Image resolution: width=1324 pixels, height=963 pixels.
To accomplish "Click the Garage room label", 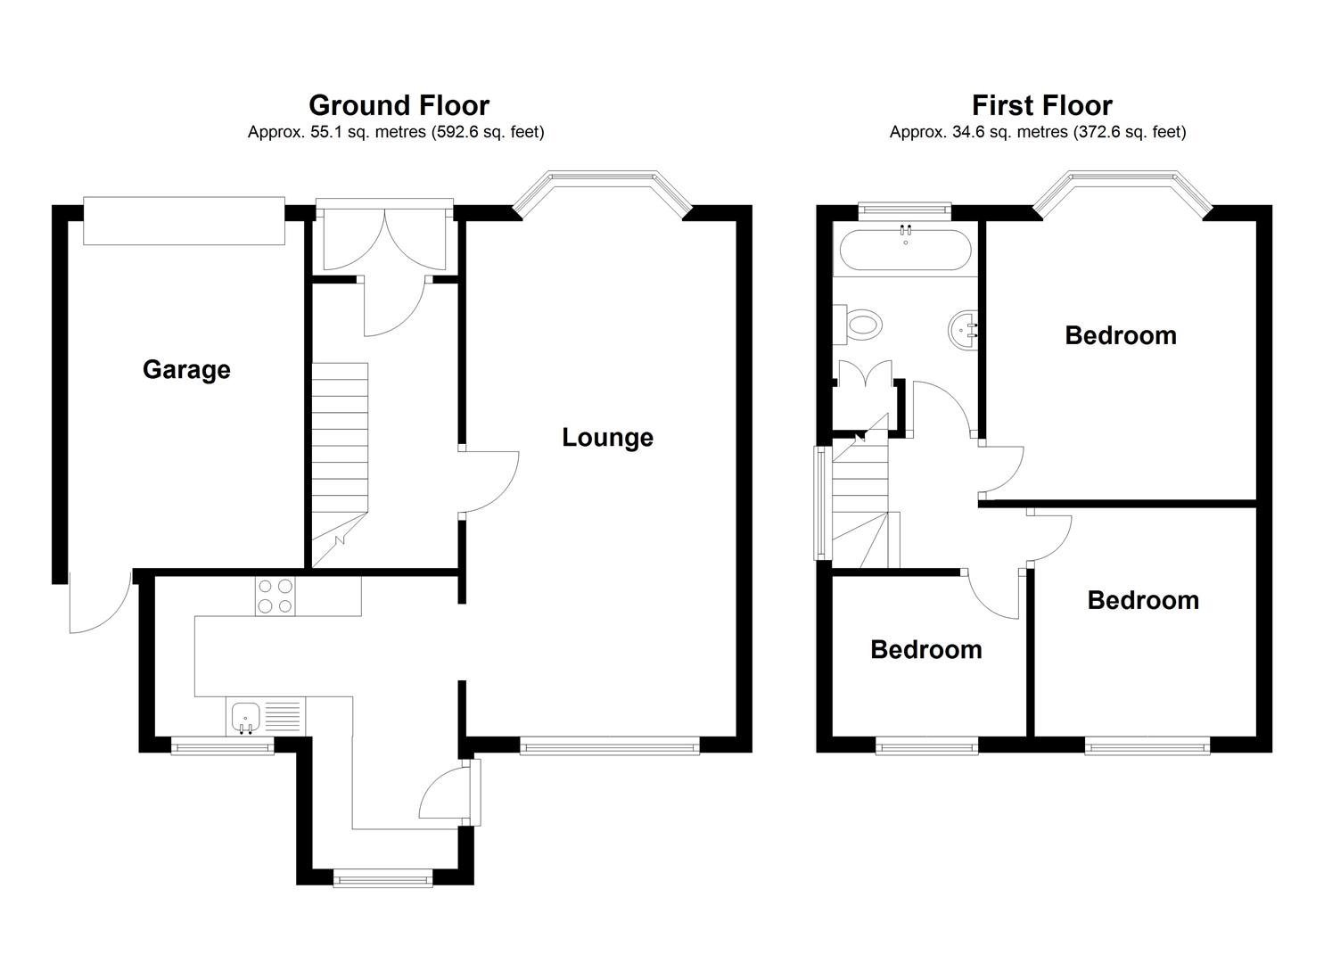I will point(186,369).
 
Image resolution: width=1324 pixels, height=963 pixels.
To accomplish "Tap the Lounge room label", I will point(607,437).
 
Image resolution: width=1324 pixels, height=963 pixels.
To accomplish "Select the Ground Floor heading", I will point(399,105).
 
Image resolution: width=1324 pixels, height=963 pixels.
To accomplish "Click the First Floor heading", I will point(1041,105).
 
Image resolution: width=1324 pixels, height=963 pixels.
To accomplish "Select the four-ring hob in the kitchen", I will point(274,596).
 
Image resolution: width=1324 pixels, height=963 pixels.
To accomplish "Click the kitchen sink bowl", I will point(245,716).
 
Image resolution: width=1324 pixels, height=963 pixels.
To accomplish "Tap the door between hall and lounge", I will point(489,482).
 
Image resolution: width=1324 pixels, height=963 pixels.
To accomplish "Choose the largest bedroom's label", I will point(1120,335).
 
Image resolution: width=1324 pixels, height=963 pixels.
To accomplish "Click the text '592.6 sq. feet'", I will point(487,132).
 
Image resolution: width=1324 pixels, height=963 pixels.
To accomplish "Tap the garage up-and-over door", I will point(184,220).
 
